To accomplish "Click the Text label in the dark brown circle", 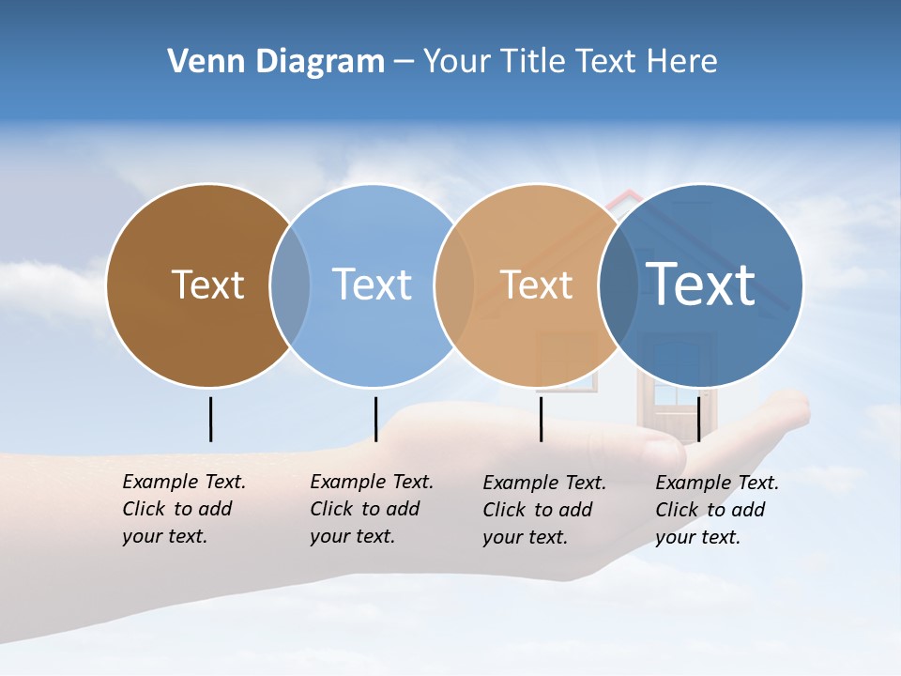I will coord(207,284).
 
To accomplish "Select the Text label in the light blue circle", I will coord(372,284).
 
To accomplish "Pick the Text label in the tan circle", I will coord(536,285).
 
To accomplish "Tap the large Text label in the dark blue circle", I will coord(700,284).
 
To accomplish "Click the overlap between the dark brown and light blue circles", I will coord(290,285).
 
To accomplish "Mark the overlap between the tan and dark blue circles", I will coord(618,285).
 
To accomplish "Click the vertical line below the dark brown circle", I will coord(210,419).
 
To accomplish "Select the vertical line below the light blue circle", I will coord(375,419).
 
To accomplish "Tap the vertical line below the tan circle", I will coord(541,419).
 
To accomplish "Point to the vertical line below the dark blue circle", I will coord(698,419).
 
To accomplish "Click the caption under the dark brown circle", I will coord(184,509).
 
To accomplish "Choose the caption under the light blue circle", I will coord(372,509).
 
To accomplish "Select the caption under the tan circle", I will coord(544,510).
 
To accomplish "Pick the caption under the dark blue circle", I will coord(717,510).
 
